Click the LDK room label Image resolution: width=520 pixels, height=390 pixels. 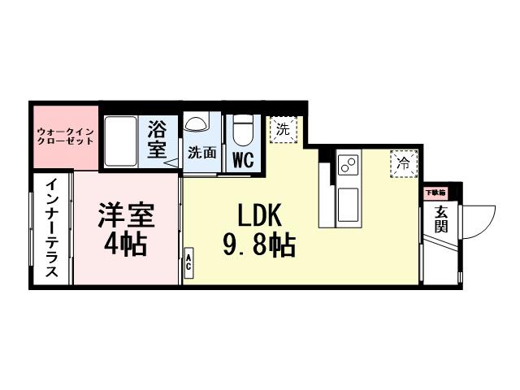tap(259, 215)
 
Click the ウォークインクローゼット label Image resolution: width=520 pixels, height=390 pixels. tap(65, 136)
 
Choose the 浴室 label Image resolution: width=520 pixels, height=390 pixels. tap(157, 139)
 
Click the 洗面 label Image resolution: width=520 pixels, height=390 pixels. tap(201, 152)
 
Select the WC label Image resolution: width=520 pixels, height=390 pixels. tap(242, 159)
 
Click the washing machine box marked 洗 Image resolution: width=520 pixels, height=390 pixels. tap(283, 128)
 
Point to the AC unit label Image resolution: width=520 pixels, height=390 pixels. tap(188, 262)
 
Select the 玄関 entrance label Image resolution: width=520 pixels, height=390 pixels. tap(441, 219)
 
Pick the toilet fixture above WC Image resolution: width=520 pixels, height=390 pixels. tap(242, 129)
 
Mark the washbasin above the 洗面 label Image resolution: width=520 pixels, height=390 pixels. tap(196, 123)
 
